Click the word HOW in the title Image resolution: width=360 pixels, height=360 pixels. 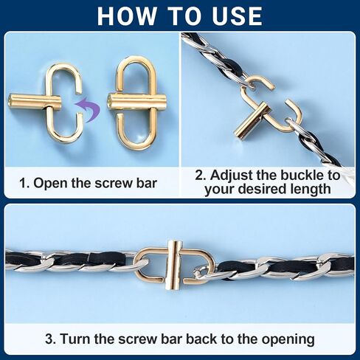(127, 16)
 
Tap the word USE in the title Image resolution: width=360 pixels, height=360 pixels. (238, 16)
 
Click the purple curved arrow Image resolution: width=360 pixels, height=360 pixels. (89, 109)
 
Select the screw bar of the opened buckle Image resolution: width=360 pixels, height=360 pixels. (35, 102)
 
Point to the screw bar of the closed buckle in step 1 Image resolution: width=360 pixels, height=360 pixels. (137, 103)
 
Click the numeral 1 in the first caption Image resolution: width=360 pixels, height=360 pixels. (24, 184)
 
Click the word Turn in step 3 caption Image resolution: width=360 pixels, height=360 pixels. (75, 339)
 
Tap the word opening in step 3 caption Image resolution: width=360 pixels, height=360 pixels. (288, 339)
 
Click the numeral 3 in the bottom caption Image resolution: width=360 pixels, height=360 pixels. (49, 339)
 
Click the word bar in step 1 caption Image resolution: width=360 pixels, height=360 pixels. (146, 184)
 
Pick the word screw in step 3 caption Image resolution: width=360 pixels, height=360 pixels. (137, 339)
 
